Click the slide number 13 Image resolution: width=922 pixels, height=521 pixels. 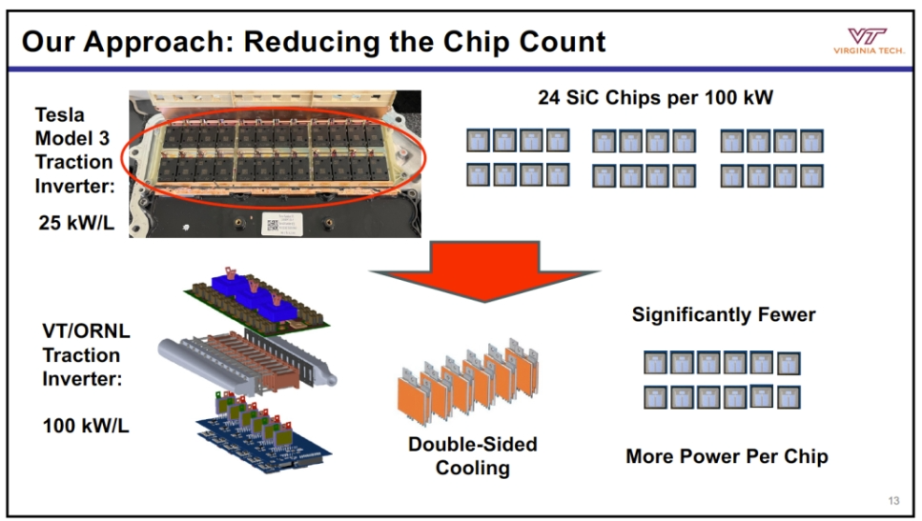click(893, 501)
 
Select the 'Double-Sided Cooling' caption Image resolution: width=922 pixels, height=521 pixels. click(472, 455)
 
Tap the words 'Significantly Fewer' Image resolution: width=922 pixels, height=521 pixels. click(724, 314)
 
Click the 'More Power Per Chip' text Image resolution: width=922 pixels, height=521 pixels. click(727, 456)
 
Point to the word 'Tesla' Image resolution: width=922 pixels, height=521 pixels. click(59, 115)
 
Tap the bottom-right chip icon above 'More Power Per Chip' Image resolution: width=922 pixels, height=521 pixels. click(789, 397)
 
